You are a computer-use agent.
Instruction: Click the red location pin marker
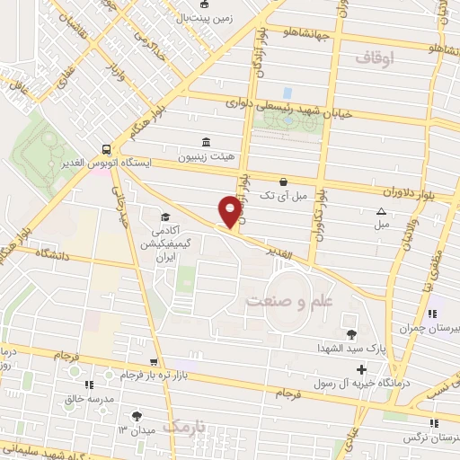231,212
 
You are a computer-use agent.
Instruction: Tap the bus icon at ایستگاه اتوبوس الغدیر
108,151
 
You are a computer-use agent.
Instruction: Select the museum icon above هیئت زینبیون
208,142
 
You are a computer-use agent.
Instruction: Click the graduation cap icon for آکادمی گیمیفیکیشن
165,217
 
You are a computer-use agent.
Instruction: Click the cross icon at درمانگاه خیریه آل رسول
361,369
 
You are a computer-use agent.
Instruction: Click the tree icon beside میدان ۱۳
137,416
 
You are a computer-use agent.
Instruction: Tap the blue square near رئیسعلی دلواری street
287,92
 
